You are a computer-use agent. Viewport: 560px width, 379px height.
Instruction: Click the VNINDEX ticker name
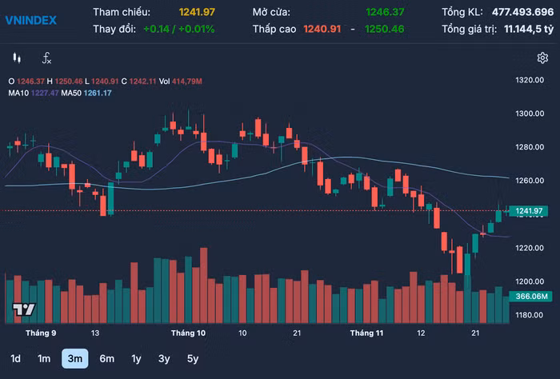[31, 20]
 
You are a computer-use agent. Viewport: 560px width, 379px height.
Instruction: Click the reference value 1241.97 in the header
[197, 12]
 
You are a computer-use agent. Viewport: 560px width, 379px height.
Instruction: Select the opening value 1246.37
[385, 12]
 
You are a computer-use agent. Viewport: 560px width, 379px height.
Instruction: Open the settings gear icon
[542, 58]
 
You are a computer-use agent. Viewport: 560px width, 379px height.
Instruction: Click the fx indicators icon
[46, 58]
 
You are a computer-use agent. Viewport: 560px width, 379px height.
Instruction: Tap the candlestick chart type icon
[16, 58]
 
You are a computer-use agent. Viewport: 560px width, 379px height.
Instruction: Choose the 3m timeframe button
[74, 358]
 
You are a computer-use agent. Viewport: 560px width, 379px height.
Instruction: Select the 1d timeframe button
[16, 358]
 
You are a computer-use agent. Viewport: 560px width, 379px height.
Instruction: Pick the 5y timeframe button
[192, 358]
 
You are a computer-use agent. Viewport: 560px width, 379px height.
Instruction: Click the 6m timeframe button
[106, 358]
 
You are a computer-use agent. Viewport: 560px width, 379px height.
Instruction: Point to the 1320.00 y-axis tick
[530, 81]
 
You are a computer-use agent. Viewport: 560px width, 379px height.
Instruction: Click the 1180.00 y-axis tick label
[530, 315]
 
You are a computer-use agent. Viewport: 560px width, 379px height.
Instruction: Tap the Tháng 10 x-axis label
[188, 332]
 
